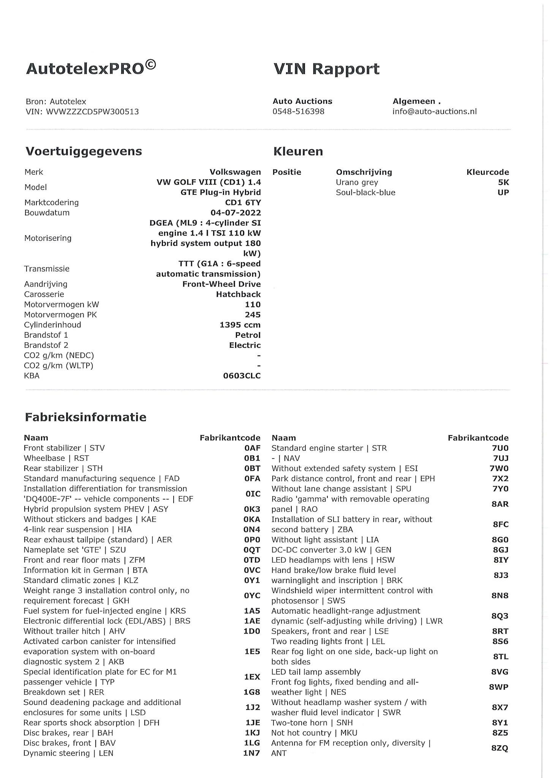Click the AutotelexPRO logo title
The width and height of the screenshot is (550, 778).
point(91,68)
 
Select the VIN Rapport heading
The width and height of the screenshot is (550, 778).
point(326,69)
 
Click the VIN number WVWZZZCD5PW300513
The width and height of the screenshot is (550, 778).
point(92,112)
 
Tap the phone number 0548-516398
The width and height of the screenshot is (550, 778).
point(299,111)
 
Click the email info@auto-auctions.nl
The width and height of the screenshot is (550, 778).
point(435,111)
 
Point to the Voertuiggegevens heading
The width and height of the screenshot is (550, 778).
point(84,151)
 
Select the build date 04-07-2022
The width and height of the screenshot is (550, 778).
point(236,213)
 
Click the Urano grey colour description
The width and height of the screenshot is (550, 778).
point(357,182)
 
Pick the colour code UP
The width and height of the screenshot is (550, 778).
point(503,193)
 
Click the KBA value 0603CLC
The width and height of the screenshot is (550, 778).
point(242,376)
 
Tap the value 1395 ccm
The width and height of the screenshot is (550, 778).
point(240,325)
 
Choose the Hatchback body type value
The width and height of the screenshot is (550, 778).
point(239,294)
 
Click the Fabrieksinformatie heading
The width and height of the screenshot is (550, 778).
point(85,417)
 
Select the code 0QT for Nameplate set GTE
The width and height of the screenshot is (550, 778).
point(252,550)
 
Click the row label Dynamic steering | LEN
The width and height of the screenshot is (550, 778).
point(68,753)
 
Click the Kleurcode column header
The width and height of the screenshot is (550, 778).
point(488,172)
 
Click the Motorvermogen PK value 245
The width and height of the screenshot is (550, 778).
point(253,315)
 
